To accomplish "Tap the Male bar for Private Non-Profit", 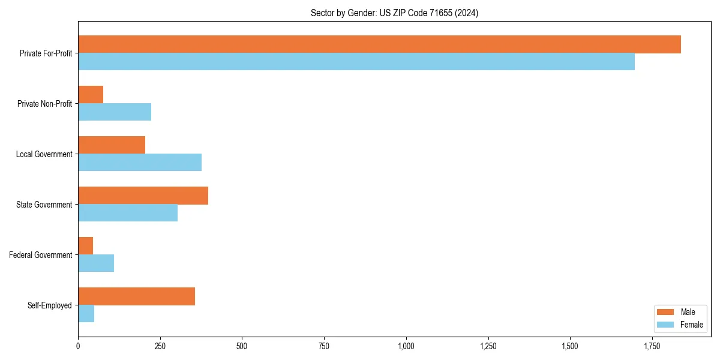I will point(91,95).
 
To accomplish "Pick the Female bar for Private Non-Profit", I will point(115,112).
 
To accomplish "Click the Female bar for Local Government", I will point(140,163).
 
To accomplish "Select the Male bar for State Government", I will point(143,196).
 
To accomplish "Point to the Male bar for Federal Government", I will point(86,246).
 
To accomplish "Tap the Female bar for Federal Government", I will point(96,263).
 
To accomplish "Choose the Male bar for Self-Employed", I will point(136,296).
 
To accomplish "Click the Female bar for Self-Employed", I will point(86,314).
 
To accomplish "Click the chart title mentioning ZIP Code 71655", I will point(394,13).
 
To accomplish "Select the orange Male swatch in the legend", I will point(666,312).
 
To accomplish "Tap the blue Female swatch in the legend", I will point(666,325).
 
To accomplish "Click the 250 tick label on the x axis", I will point(160,346).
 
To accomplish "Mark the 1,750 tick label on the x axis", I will point(652,346).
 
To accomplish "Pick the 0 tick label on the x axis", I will point(78,346).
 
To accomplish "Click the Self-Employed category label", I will point(50,305).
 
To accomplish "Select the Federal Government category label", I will point(41,255).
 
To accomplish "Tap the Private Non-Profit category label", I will point(44,104).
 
